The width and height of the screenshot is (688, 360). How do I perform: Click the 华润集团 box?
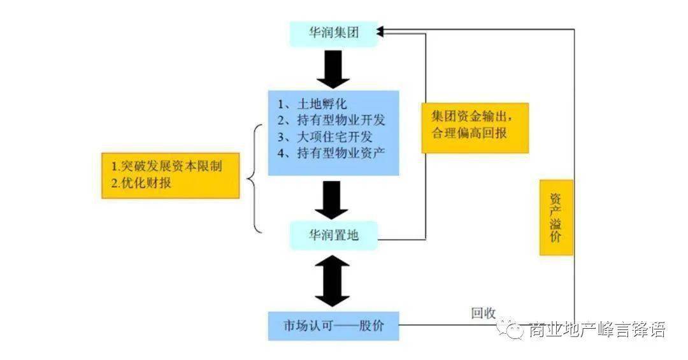[x=333, y=33]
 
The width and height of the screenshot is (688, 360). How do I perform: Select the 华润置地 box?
[x=333, y=236]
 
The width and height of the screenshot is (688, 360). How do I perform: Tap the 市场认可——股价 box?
[x=333, y=326]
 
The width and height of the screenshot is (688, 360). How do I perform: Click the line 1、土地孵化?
[x=312, y=104]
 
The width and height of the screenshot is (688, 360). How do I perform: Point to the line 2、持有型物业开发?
[x=331, y=120]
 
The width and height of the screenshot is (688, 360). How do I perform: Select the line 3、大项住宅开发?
[x=325, y=136]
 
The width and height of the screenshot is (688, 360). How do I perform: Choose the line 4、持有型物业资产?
[x=331, y=153]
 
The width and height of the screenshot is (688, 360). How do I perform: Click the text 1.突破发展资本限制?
[x=167, y=166]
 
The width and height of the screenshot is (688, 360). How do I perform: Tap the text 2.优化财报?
[x=141, y=183]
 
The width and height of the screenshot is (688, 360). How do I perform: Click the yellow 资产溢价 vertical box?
[x=556, y=217]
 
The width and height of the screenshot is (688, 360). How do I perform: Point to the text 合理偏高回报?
[x=469, y=133]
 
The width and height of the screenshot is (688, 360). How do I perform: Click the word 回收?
[x=484, y=313]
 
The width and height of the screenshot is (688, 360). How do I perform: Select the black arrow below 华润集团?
[x=333, y=69]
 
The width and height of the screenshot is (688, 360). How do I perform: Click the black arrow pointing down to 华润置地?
[x=332, y=200]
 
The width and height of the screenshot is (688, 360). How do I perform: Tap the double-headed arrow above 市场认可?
[x=333, y=281]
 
